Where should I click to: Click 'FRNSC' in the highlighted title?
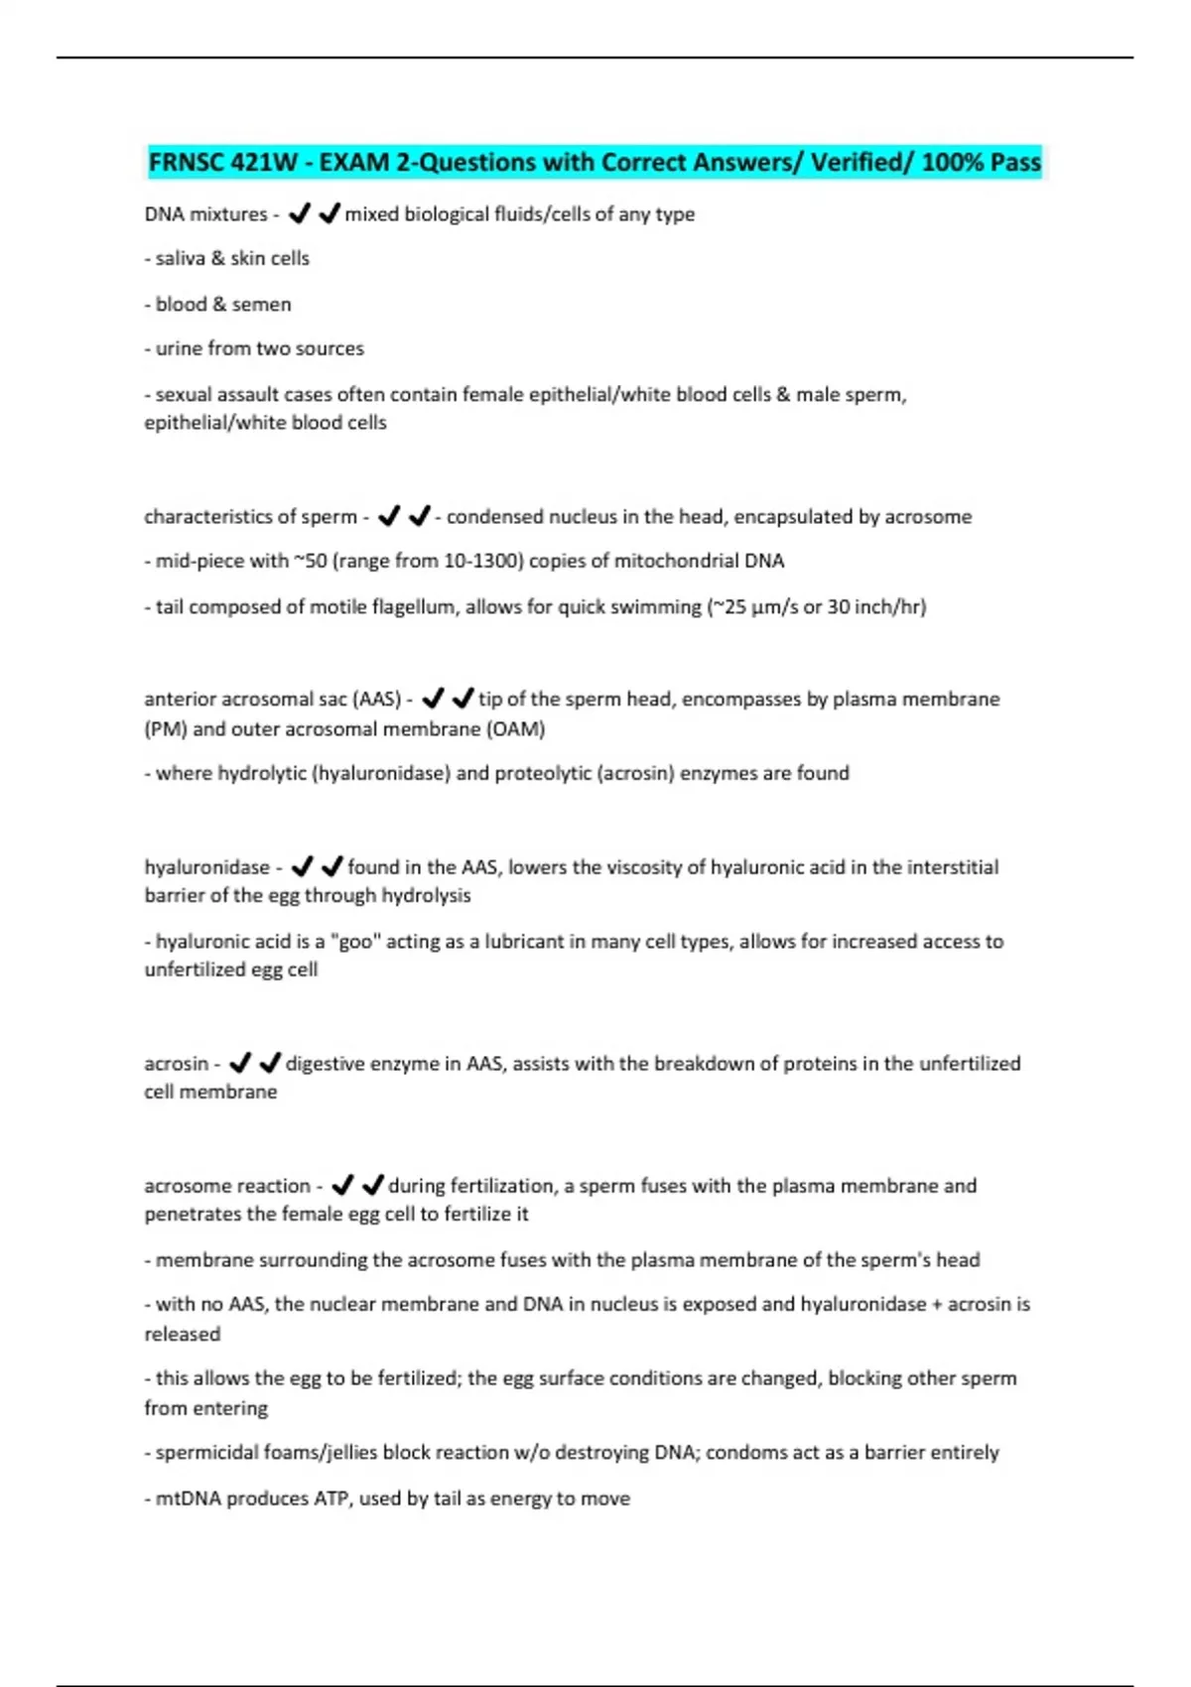(x=185, y=162)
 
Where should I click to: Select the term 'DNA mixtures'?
(x=205, y=214)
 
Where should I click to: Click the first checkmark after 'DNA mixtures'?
(x=299, y=213)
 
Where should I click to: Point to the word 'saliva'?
(x=180, y=259)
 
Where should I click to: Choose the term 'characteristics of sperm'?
(x=250, y=517)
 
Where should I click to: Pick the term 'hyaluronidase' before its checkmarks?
(x=206, y=868)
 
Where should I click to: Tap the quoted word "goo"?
(x=356, y=942)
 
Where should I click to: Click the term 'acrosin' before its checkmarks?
(x=176, y=1064)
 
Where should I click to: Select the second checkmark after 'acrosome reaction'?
(x=373, y=1186)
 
